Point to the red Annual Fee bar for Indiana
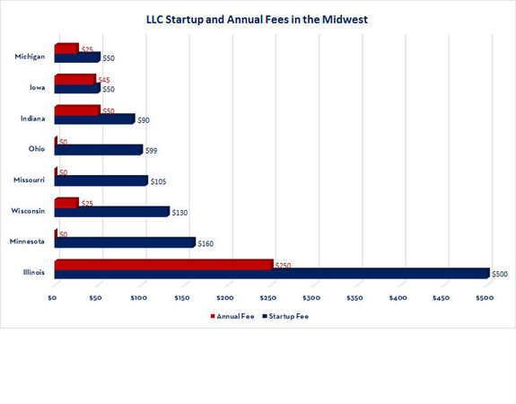point(76,110)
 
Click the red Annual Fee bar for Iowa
point(74,79)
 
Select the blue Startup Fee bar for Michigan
point(76,57)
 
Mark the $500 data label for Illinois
point(499,274)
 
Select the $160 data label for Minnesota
point(207,243)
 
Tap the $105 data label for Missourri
point(159,181)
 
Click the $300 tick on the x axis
point(310,296)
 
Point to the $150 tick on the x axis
point(182,296)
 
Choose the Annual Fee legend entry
point(230,316)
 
